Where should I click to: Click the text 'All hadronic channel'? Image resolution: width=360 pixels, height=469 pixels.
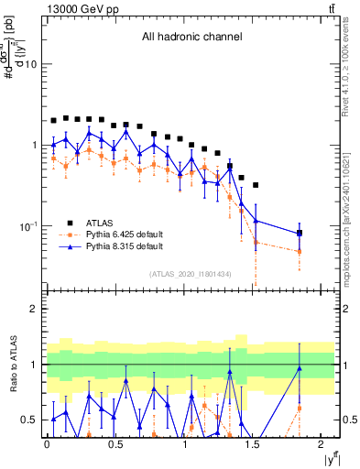pyautogui.click(x=191, y=38)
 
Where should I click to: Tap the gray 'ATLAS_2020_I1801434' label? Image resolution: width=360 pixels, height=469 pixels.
pyautogui.click(x=191, y=274)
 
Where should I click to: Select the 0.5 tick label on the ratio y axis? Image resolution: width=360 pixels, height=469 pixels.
pyautogui.click(x=27, y=420)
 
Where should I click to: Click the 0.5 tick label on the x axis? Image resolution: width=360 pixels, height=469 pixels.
pyautogui.click(x=115, y=445)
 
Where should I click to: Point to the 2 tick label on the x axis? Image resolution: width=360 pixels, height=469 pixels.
pyautogui.click(x=322, y=445)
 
